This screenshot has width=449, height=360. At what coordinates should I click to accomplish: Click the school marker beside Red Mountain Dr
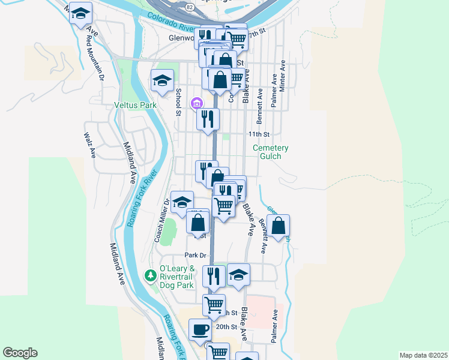pyautogui.click(x=80, y=14)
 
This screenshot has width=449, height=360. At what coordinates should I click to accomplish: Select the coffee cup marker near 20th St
pyautogui.click(x=200, y=329)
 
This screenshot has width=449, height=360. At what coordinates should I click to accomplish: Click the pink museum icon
pyautogui.click(x=196, y=104)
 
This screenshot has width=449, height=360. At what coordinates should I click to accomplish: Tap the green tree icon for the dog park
pyautogui.click(x=150, y=276)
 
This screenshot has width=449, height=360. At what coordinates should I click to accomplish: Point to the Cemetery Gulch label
pyautogui.click(x=270, y=152)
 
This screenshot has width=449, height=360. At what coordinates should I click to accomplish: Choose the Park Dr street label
pyautogui.click(x=196, y=255)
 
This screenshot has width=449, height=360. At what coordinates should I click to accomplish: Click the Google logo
pyautogui.click(x=20, y=353)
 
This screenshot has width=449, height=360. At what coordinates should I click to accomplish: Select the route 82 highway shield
pyautogui.click(x=190, y=6)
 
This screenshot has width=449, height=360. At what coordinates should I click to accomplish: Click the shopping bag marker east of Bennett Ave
pyautogui.click(x=279, y=226)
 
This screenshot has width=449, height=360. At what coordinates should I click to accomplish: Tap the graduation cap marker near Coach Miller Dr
pyautogui.click(x=182, y=202)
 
